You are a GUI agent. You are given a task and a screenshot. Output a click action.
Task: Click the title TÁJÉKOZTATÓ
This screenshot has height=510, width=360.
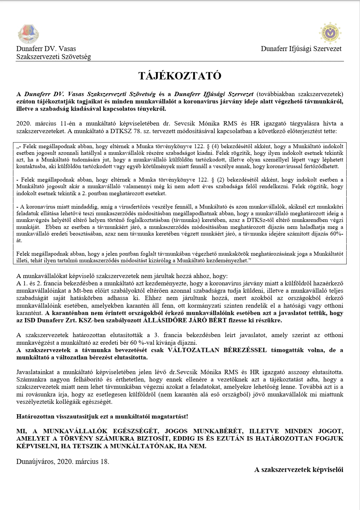point(180,76)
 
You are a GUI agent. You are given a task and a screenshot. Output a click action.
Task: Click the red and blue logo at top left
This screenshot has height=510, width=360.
point(28,34)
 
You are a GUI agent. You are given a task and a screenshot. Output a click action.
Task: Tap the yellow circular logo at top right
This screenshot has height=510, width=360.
point(331,33)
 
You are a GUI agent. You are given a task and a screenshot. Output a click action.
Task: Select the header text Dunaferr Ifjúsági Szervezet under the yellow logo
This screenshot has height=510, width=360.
point(301,49)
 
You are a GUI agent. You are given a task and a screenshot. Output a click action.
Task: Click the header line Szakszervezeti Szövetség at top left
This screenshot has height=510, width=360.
point(54,57)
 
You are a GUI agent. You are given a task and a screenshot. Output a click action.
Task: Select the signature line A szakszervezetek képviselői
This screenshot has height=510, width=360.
point(299,470)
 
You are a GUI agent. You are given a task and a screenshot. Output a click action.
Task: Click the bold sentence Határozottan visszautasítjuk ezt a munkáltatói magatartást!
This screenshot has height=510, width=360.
point(102,417)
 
